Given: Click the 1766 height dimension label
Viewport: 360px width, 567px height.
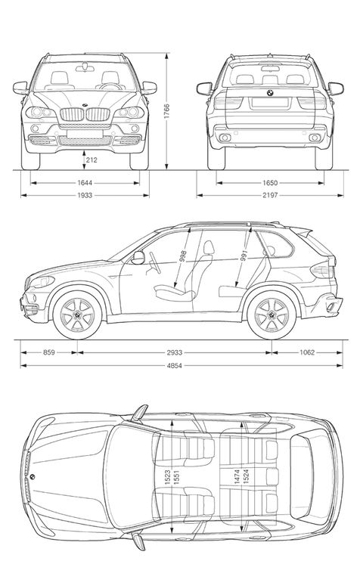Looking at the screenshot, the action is point(166,112).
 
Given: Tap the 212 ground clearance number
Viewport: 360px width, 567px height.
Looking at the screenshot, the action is point(92,160).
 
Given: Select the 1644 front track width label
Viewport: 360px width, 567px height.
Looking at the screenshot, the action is point(85,183).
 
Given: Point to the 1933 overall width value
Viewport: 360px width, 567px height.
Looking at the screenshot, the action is point(85,195).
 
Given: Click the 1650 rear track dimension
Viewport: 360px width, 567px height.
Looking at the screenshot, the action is point(270,183).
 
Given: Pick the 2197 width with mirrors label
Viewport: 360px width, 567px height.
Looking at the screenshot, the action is point(270,195).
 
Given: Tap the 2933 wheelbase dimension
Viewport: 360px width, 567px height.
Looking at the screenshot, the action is point(175,352).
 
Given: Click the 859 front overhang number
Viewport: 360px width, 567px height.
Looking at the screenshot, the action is point(49,352).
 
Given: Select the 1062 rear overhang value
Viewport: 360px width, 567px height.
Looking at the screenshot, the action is point(307,352).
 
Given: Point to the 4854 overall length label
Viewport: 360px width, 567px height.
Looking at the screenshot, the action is point(175,366).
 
